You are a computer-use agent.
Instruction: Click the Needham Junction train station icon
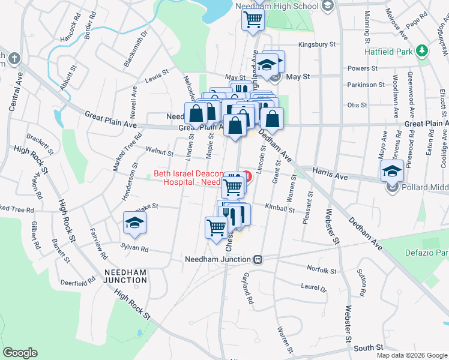pyautogui.click(x=258, y=259)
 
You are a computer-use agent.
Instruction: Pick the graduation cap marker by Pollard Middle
pyautogui.click(x=392, y=172)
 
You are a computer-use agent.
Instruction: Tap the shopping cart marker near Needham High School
pyautogui.click(x=253, y=19)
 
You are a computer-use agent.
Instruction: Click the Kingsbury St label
pyautogui.click(x=317, y=44)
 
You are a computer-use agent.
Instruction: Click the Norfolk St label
pyautogui.click(x=321, y=271)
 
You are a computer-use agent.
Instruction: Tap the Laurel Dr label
pyautogui.click(x=313, y=287)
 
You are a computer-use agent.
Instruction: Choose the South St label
pyautogui.click(x=369, y=347)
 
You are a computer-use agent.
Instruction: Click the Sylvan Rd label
pyautogui.click(x=134, y=247)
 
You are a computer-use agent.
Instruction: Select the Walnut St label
pyautogui.click(x=160, y=154)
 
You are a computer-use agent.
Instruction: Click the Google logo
pyautogui.click(x=20, y=352)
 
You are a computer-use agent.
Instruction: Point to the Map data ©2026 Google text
pyautogui.click(x=411, y=355)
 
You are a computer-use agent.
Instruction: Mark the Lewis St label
pyautogui.click(x=153, y=79)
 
